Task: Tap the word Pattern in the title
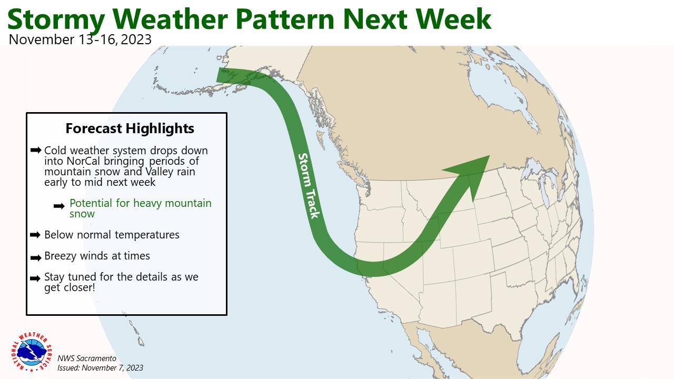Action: point(285,19)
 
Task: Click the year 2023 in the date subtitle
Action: point(136,39)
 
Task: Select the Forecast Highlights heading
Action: point(130,128)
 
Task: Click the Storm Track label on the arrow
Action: point(308,186)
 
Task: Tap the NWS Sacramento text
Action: point(87,358)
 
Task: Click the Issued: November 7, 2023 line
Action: point(100,368)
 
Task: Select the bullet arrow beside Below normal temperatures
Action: point(35,235)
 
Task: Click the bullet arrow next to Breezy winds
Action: point(36,258)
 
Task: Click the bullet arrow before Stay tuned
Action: point(35,278)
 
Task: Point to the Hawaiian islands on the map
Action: point(137,333)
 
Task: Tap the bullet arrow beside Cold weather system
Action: point(36,150)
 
